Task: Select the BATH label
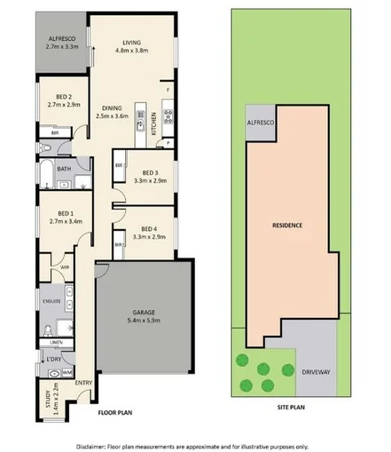point(64,168)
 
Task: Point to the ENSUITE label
point(51,302)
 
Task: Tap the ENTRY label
point(83,383)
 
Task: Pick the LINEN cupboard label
point(56,343)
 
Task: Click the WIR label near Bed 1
point(65,266)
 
